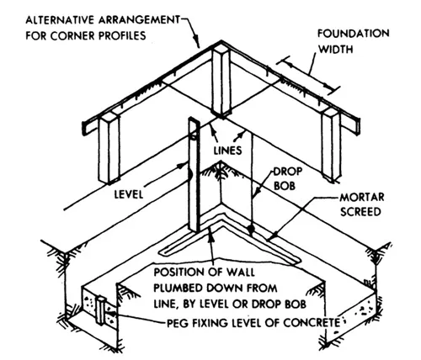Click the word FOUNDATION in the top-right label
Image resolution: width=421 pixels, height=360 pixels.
354,34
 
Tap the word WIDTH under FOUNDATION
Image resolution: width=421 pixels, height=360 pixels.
335,50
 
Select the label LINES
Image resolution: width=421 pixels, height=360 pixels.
227,151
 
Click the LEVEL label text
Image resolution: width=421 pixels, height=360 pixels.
129,194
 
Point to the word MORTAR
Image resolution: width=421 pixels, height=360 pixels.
362,197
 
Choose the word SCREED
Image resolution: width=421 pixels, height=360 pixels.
360,212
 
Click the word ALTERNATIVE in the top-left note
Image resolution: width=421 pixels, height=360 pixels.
60,20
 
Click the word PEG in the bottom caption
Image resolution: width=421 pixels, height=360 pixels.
178,323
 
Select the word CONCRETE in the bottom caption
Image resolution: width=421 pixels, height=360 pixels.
312,323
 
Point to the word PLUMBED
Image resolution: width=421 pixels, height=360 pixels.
179,289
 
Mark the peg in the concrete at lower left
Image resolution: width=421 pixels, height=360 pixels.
100,310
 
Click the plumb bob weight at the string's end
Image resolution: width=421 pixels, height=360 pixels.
251,230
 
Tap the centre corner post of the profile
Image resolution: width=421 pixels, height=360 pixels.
221,82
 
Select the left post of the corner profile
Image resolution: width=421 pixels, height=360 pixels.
109,147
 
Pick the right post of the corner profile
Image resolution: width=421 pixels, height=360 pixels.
331,144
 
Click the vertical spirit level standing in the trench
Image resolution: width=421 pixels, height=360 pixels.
194,174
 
